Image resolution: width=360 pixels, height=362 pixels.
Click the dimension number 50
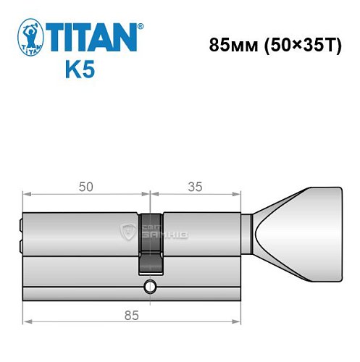85,187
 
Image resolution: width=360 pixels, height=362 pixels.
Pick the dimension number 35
194,187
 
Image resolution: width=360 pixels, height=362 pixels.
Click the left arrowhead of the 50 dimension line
26,193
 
